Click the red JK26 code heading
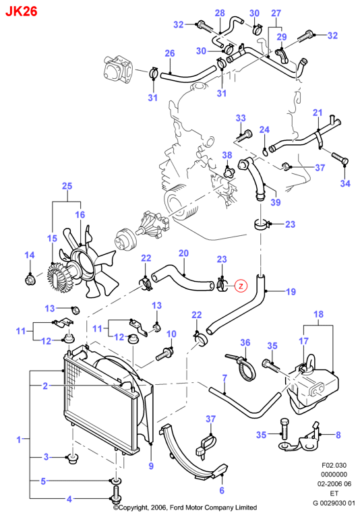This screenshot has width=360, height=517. pyautogui.click(x=22, y=11)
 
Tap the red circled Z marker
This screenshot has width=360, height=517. pyautogui.click(x=241, y=286)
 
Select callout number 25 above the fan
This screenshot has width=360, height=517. pyautogui.click(x=67, y=186)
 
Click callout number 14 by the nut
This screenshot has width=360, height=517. pyautogui.click(x=30, y=255)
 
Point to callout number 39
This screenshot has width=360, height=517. pyautogui.click(x=276, y=202)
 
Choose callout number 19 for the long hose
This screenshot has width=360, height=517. pyautogui.click(x=291, y=291)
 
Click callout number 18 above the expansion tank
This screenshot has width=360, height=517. pyautogui.click(x=318, y=314)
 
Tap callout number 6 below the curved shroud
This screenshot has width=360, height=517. pyautogui.click(x=222, y=491)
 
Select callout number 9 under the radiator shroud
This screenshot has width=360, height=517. pyautogui.click(x=151, y=466)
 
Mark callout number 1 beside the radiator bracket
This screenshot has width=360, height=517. pyautogui.click(x=19, y=439)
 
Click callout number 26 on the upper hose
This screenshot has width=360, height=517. pyautogui.click(x=169, y=53)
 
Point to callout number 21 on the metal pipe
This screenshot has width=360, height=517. pyautogui.click(x=318, y=113)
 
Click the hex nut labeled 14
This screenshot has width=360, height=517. pyautogui.click(x=30, y=280)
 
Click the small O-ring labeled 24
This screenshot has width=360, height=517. pyautogui.click(x=266, y=152)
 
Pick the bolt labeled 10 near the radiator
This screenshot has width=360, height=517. pyautogui.click(x=165, y=354)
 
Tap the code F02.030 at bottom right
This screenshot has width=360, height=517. pyautogui.click(x=334, y=465)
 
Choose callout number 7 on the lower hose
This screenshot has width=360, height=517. pyautogui.click(x=224, y=378)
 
